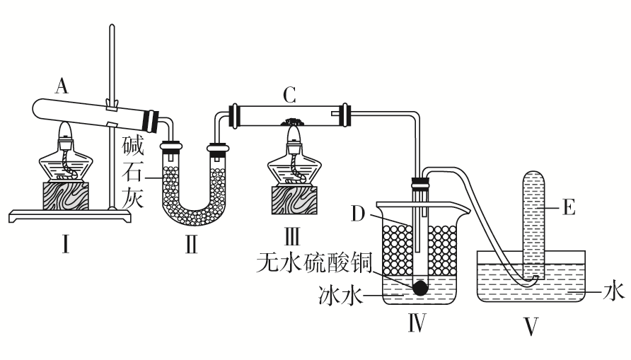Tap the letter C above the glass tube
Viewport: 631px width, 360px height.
[287, 93]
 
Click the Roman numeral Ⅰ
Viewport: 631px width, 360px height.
[65, 246]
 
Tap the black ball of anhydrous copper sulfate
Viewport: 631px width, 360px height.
[421, 287]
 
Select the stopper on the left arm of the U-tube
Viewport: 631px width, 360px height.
[170, 149]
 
